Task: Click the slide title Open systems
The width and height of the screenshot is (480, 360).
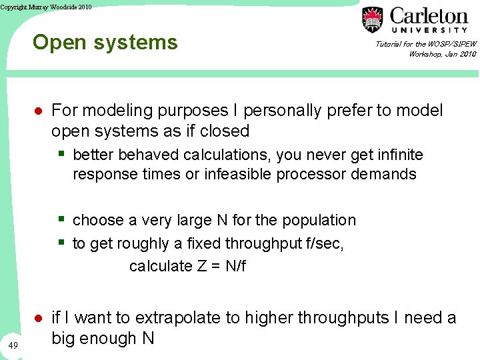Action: click(105, 43)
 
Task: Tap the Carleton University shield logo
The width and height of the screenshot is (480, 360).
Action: click(373, 19)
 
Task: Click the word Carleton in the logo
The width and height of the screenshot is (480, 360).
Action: click(429, 15)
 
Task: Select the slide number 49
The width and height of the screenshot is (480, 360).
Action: click(14, 344)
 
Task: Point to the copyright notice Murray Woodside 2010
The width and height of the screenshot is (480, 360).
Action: click(46, 7)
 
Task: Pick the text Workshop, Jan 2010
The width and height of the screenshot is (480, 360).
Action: click(442, 54)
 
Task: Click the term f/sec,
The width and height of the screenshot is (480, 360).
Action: click(325, 244)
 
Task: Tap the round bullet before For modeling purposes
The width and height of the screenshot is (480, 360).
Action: click(39, 111)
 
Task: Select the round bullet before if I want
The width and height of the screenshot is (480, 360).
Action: click(39, 319)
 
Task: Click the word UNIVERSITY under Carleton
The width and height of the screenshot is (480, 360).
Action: click(429, 30)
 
